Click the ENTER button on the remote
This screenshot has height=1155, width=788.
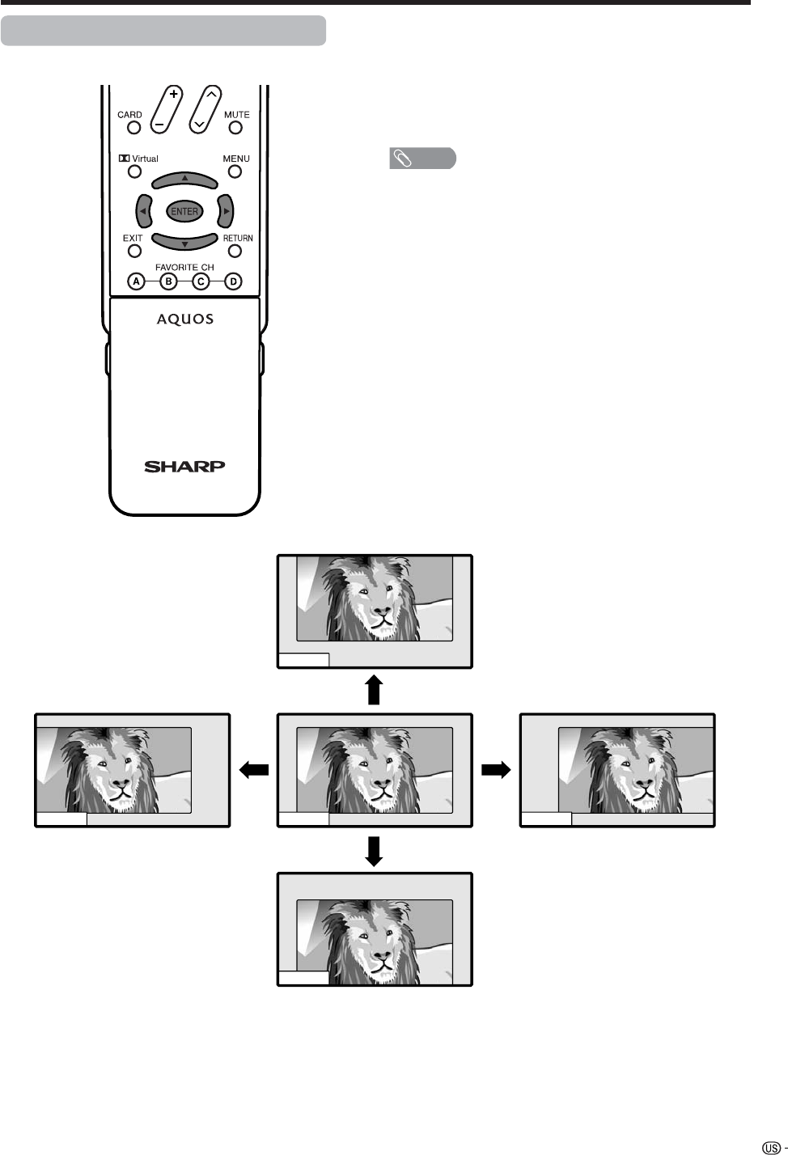click(x=184, y=211)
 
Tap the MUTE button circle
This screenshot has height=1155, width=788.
click(x=235, y=127)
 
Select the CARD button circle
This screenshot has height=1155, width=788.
click(x=134, y=127)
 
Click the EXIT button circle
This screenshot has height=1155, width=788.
click(x=134, y=251)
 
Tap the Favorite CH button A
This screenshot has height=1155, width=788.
click(x=137, y=281)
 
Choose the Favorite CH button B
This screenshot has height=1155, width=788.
click(x=168, y=281)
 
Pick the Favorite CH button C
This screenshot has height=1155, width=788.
click(x=201, y=281)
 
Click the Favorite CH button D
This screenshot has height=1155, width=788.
click(x=233, y=281)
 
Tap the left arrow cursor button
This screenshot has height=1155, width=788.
click(x=143, y=211)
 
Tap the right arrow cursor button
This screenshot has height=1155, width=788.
click(x=226, y=211)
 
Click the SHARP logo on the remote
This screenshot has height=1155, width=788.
click(x=184, y=466)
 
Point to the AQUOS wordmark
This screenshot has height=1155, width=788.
click(x=185, y=319)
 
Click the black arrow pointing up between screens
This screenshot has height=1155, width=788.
click(x=373, y=690)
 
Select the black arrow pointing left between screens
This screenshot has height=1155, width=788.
click(x=253, y=770)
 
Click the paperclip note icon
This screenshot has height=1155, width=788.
click(x=402, y=159)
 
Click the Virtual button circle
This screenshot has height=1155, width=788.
click(x=134, y=171)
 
